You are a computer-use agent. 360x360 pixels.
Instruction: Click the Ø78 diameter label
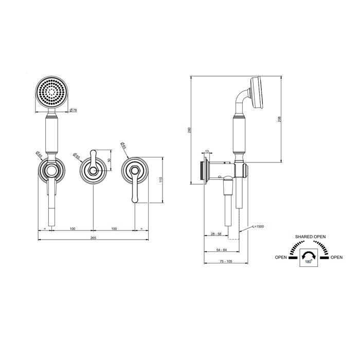coord(74,110)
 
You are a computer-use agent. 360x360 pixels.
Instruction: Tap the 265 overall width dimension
coord(93,238)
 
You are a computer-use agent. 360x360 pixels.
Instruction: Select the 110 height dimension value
coord(160,180)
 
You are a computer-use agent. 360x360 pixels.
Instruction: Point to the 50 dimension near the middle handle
coord(109,160)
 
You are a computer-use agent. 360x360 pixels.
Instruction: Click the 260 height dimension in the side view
coord(189,130)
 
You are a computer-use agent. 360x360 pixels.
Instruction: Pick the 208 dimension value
coord(279,119)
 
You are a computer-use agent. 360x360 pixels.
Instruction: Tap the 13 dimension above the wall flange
coord(207,151)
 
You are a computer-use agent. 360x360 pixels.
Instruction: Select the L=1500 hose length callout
coord(258,226)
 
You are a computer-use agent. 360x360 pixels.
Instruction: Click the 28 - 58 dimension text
coord(216,234)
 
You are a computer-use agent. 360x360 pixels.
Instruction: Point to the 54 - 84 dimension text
coord(222,250)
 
